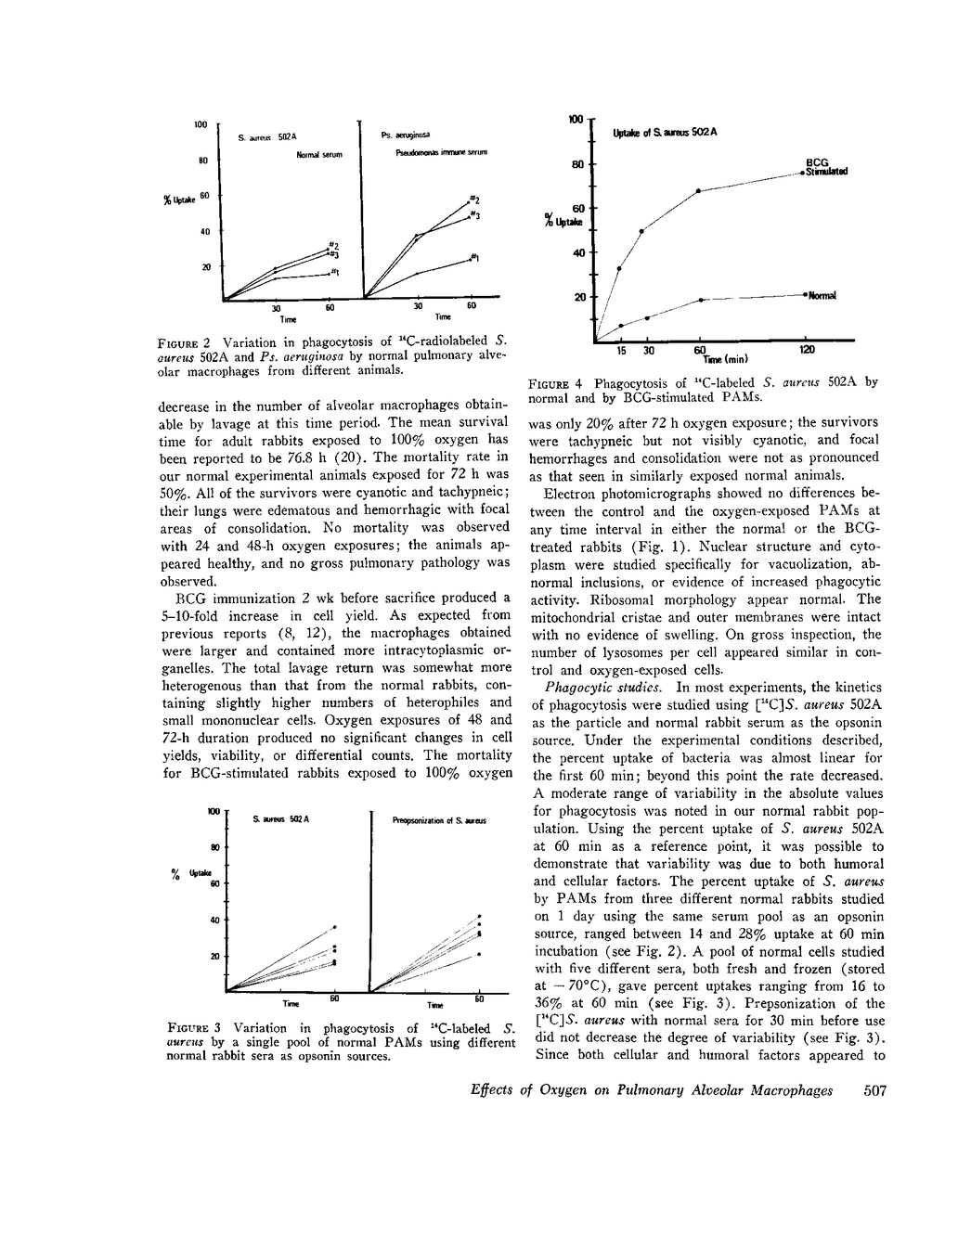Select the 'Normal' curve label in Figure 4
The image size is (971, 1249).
(x=822, y=296)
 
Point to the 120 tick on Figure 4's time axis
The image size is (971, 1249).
(x=806, y=351)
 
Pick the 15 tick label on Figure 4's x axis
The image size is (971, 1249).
(x=620, y=351)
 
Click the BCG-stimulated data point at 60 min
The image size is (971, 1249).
(x=699, y=190)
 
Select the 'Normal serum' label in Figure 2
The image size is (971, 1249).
(x=319, y=155)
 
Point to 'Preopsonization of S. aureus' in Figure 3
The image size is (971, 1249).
(x=439, y=820)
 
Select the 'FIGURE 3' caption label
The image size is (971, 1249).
(x=194, y=1028)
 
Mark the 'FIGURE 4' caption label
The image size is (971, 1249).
(x=556, y=382)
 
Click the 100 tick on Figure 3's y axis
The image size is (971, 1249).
(x=214, y=811)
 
